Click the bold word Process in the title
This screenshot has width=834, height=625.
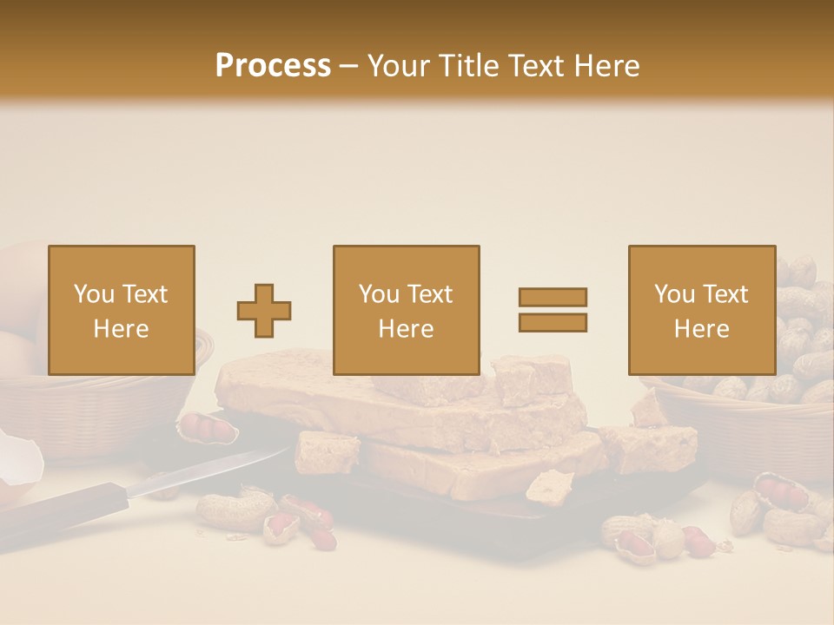[273, 66]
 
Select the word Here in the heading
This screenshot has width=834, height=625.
[605, 66]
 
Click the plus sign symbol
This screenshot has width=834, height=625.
[264, 311]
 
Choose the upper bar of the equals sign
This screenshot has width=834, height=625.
[553, 298]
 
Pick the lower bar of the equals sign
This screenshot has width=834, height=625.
[553, 322]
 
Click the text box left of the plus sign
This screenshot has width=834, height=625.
[122, 310]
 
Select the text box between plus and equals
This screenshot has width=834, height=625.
[407, 310]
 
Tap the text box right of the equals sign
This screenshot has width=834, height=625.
[702, 310]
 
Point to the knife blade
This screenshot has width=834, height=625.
[208, 473]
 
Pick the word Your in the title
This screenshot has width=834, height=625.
[396, 66]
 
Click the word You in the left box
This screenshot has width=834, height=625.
[94, 294]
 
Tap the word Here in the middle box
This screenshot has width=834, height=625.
[407, 329]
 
